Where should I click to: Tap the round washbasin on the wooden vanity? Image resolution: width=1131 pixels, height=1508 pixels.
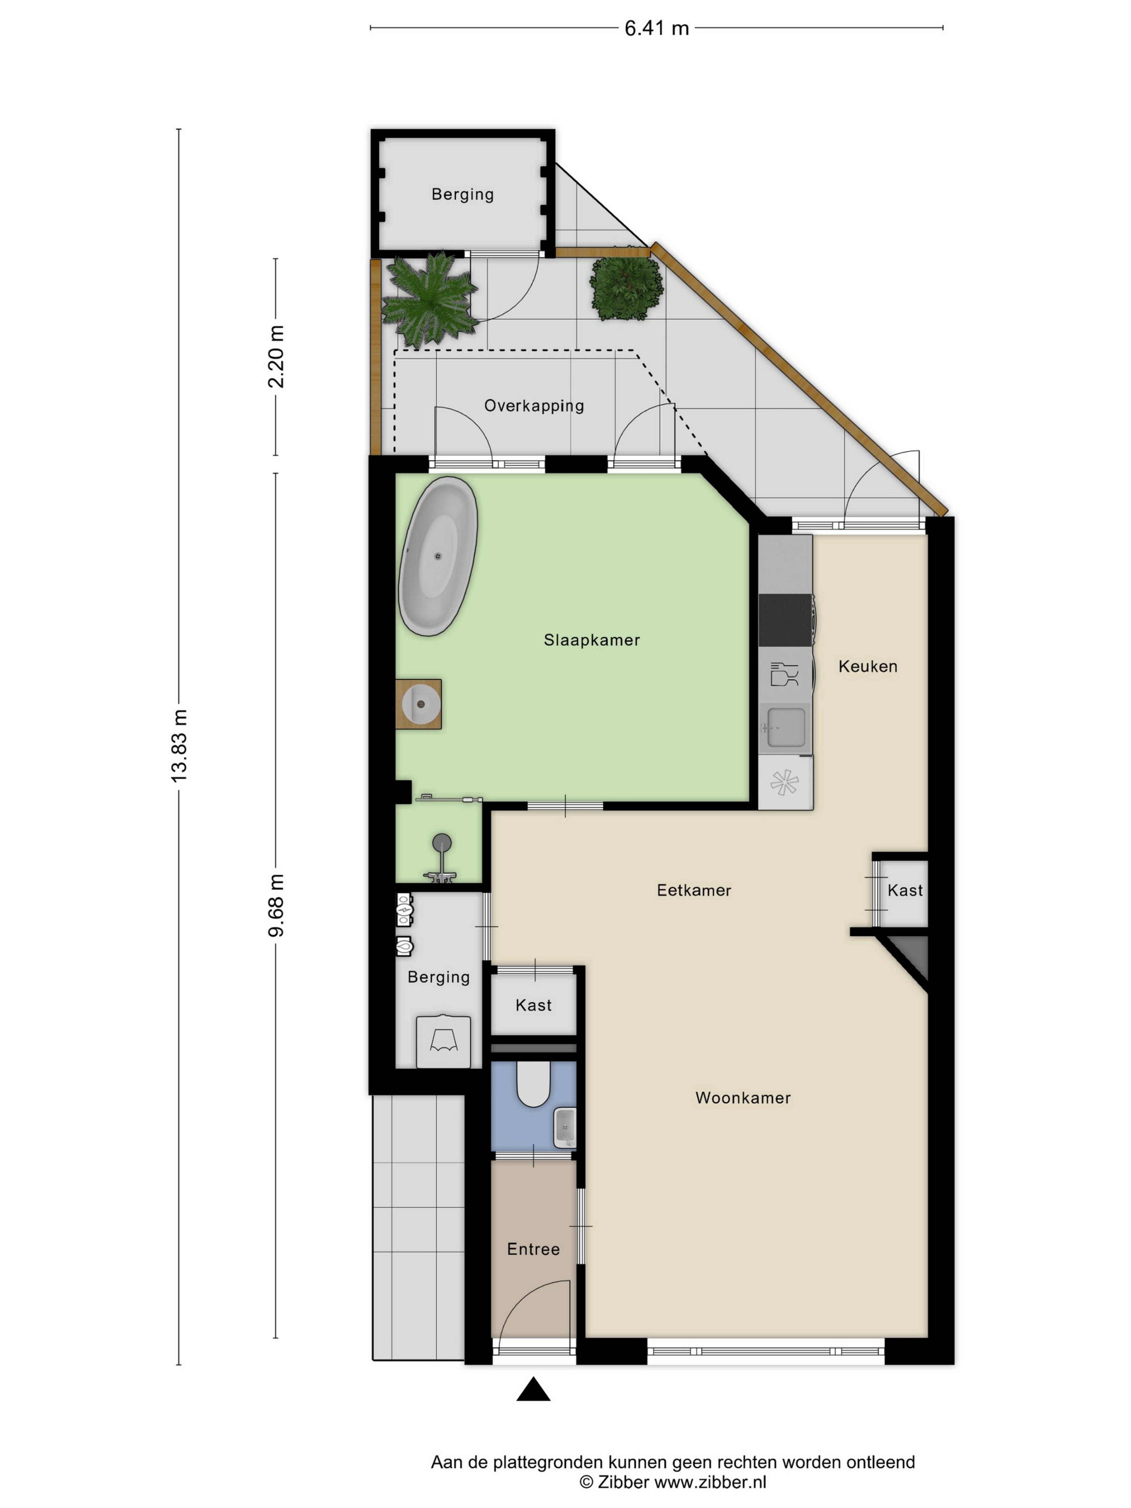[420, 704]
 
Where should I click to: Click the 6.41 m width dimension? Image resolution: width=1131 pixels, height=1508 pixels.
[657, 28]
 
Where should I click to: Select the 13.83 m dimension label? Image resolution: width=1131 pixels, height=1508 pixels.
[178, 745]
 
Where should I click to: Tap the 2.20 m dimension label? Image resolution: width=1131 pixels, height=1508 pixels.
[275, 357]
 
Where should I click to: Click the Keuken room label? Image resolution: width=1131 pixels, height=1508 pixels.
[867, 666]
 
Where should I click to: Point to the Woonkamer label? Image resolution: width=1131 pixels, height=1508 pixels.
[743, 1098]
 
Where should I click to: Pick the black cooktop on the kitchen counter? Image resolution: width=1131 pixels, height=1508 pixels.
[785, 620]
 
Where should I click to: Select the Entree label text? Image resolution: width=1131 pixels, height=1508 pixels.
[533, 1249]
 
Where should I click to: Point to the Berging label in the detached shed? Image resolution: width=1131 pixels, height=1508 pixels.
[462, 195]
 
